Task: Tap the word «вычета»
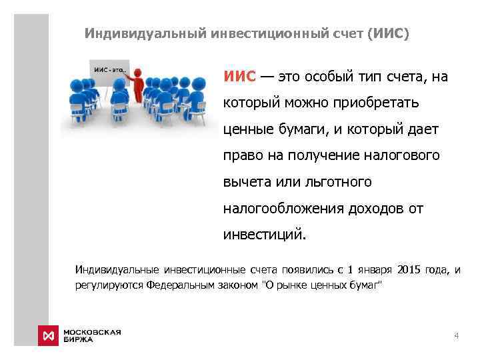pyautogui.click(x=244, y=181)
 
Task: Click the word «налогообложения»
pyautogui.click(x=282, y=208)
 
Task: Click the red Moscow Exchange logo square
pyautogui.click(x=47, y=334)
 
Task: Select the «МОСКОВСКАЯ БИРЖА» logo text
pyautogui.click(x=92, y=335)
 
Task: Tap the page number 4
pyautogui.click(x=456, y=335)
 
